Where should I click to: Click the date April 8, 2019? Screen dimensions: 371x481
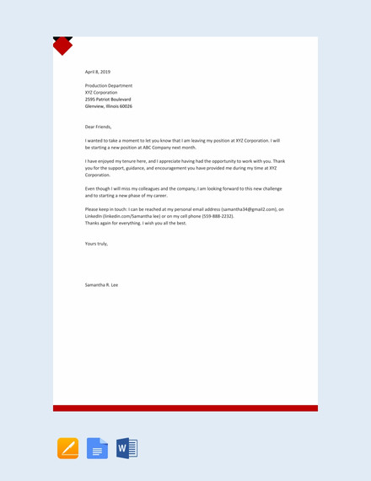[98, 72]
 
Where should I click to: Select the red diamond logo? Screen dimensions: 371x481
[62, 46]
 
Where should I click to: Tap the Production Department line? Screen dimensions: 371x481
[109, 86]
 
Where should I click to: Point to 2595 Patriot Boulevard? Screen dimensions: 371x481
[108, 100]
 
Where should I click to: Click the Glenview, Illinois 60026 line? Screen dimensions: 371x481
[109, 106]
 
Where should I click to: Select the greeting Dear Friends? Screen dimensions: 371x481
[98, 127]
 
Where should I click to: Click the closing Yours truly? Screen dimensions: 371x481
[96, 244]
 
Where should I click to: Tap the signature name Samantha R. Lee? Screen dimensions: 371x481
[102, 284]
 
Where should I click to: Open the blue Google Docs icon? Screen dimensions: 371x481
[98, 448]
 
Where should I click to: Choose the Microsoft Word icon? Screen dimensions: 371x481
[126, 448]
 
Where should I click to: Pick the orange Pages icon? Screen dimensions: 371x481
[68, 448]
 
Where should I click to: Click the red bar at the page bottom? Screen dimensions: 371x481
[185, 408]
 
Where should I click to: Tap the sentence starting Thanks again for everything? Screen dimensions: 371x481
[136, 223]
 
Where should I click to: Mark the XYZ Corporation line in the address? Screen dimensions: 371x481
[102, 93]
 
